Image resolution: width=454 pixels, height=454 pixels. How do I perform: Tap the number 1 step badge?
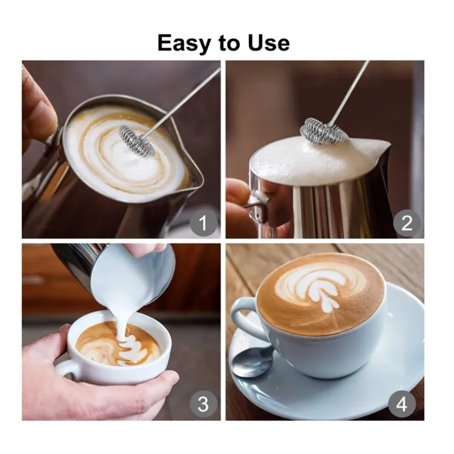click(x=203, y=223)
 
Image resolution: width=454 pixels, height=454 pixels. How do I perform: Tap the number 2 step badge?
click(x=407, y=223)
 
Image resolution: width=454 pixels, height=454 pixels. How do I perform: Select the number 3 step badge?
click(x=203, y=405)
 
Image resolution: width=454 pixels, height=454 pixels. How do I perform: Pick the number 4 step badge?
click(x=402, y=405)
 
